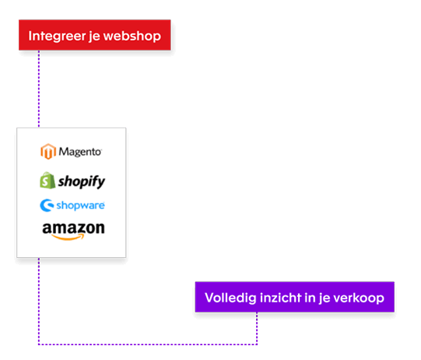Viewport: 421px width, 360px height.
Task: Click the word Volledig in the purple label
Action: point(228,298)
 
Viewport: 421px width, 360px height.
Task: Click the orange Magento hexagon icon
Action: point(48,152)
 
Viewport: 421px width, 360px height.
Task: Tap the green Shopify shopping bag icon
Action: point(47,180)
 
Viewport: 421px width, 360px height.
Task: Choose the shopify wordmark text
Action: point(81,181)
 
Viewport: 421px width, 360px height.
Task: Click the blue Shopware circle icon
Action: point(46,206)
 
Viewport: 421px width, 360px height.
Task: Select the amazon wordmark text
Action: point(73,228)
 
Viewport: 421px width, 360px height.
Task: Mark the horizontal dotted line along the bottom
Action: point(148,343)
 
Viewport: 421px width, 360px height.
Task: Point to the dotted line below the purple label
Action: point(258,327)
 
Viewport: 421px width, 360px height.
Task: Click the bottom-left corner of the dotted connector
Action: point(38,343)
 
